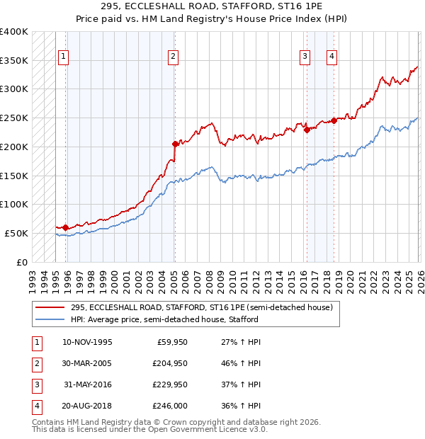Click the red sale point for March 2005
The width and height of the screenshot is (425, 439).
point(175,144)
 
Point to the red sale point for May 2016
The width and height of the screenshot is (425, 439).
point(307,130)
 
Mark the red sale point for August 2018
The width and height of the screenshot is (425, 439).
point(334,120)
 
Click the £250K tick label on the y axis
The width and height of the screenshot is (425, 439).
point(14,118)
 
